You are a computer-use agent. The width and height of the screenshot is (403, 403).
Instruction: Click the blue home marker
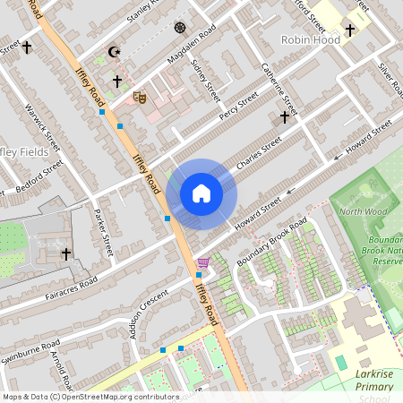[x=201, y=193]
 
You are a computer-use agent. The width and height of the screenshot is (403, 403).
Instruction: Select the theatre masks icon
[x=139, y=96]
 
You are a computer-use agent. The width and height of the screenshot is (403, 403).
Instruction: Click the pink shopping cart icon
[x=204, y=262]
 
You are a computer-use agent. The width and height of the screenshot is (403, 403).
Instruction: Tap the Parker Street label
[x=104, y=234]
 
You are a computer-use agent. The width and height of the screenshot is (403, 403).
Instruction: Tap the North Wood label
[x=362, y=212]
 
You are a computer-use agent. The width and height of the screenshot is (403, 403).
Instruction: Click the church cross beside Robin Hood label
[x=350, y=30]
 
